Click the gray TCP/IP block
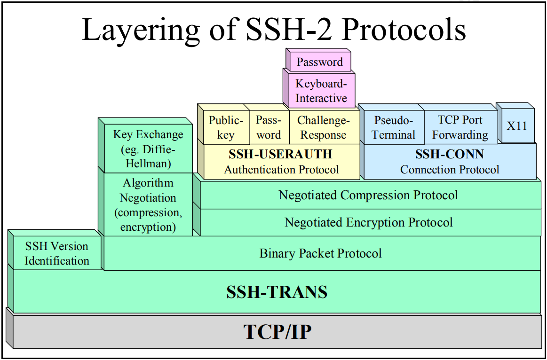click(x=277, y=332)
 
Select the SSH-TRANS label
click(x=277, y=292)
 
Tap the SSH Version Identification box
click(x=57, y=253)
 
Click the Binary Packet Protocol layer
click(x=321, y=253)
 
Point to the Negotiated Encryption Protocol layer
click(x=369, y=222)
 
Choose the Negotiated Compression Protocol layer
click(x=369, y=195)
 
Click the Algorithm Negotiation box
click(x=148, y=204)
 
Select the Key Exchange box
click(x=148, y=149)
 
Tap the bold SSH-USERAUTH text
click(x=281, y=154)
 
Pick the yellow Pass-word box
click(x=269, y=127)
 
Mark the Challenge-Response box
click(x=324, y=127)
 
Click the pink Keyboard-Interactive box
click(x=321, y=91)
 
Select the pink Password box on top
click(x=320, y=62)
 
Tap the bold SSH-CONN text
click(x=450, y=154)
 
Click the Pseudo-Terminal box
click(x=394, y=127)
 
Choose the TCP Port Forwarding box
click(x=460, y=127)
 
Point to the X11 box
click(x=517, y=126)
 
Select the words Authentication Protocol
click(x=281, y=169)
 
